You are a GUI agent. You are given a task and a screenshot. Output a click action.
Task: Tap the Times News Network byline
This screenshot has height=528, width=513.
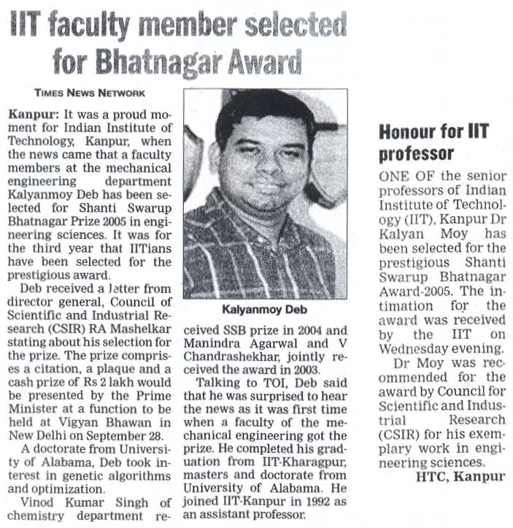pyautogui.click(x=90, y=93)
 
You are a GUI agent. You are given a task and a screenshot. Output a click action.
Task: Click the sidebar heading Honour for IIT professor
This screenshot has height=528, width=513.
pyautogui.click(x=432, y=143)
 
